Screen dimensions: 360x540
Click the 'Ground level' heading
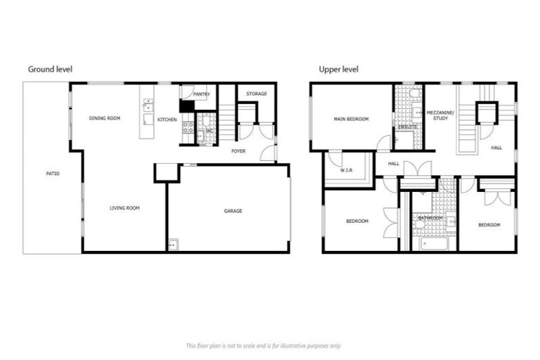tap(50, 69)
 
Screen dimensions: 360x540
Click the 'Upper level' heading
tap(339, 69)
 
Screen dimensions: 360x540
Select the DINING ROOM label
tap(105, 118)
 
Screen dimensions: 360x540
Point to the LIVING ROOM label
tap(124, 207)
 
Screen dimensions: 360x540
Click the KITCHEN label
tap(167, 120)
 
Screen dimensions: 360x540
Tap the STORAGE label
tap(256, 94)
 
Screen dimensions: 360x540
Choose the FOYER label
tap(238, 150)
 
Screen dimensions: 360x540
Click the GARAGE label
tap(233, 210)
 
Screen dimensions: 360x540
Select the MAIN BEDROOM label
tap(351, 119)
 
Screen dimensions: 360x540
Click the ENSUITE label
tap(407, 127)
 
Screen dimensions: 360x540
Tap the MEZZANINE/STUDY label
tap(441, 116)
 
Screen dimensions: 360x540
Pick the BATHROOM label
tap(430, 218)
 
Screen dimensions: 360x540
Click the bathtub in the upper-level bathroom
tap(432, 244)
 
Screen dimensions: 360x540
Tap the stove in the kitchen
tap(188, 128)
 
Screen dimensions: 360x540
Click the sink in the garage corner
tap(173, 245)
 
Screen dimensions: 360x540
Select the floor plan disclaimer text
tap(263, 346)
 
